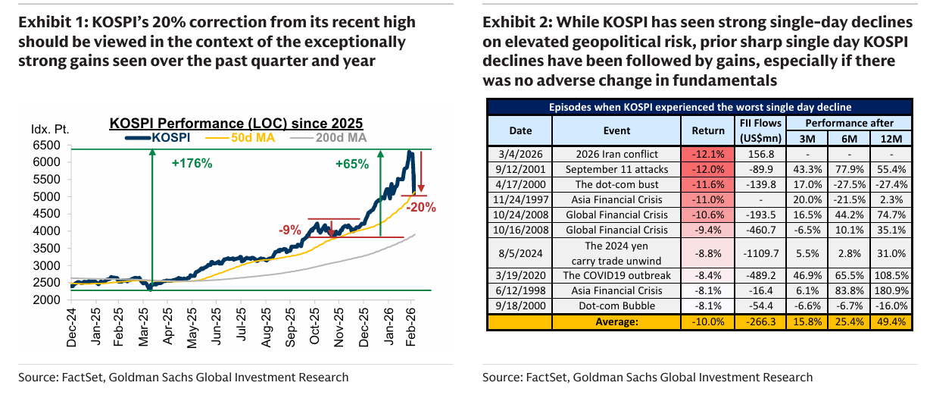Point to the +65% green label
[351, 162]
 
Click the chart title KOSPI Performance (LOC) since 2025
[236, 123]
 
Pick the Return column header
[708, 130]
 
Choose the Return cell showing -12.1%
[708, 153]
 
